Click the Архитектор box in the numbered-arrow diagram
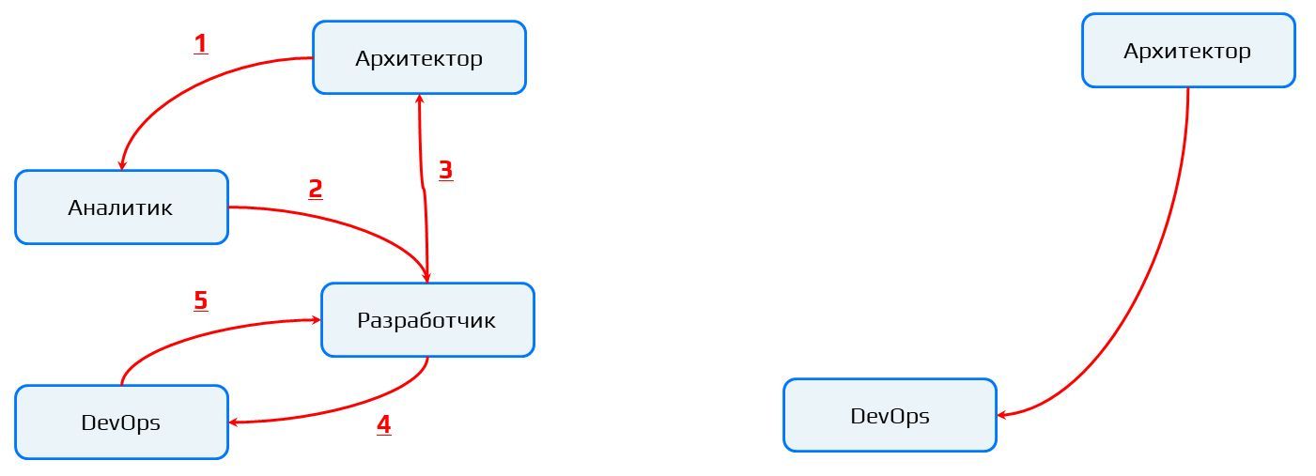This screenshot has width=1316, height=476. (419, 58)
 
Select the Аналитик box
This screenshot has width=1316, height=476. (121, 207)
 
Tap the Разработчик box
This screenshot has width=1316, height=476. (427, 320)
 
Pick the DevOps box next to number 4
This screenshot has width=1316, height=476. (121, 422)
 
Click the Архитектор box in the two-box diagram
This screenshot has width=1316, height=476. (1188, 51)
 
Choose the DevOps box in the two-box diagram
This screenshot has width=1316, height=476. (890, 416)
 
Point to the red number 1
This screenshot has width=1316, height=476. (200, 44)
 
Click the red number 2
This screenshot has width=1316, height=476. (316, 189)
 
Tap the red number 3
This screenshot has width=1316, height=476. (446, 170)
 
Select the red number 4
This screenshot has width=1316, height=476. (383, 424)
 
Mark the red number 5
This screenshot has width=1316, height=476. (200, 300)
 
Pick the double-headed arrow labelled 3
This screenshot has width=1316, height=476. (423, 188)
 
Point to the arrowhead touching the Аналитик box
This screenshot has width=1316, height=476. (122, 165)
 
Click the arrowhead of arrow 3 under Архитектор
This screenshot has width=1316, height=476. (420, 99)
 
